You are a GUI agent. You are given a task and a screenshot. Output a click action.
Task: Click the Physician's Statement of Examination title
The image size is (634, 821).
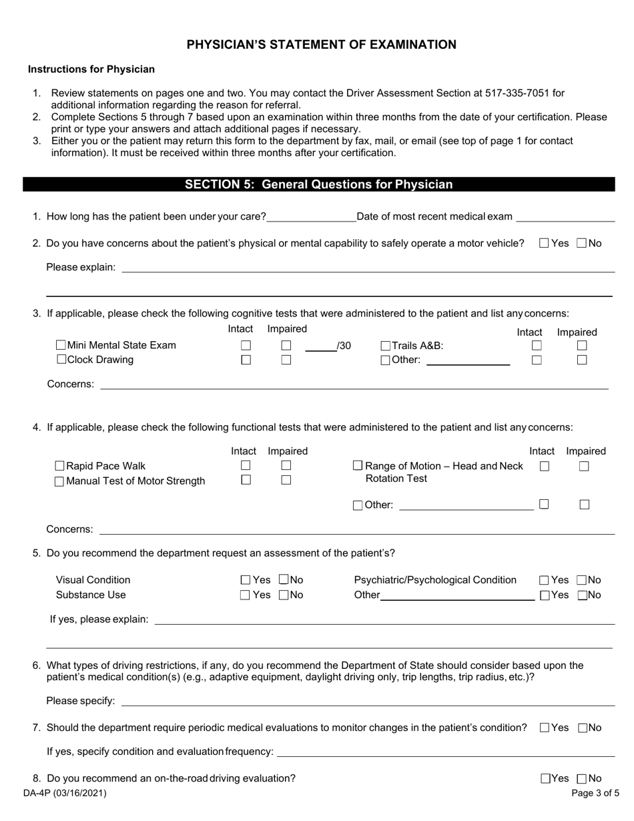tap(321, 45)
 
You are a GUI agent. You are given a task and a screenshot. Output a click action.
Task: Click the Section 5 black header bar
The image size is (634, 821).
tap(318, 185)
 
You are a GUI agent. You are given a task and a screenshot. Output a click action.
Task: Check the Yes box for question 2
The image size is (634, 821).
tap(544, 244)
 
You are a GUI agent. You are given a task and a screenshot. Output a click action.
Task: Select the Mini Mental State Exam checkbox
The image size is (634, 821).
tap(61, 346)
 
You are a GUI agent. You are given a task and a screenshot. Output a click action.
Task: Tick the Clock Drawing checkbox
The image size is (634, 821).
tap(61, 360)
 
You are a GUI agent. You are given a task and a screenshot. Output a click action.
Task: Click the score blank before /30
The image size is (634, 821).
tap(320, 346)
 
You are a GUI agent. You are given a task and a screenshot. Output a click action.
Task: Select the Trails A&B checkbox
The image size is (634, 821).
tap(385, 346)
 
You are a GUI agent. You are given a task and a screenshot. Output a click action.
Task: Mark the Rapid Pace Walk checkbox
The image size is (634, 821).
tap(59, 466)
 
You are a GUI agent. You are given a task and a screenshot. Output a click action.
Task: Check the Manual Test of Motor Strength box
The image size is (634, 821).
tap(59, 481)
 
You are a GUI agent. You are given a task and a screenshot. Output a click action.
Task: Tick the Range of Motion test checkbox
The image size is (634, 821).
tap(358, 466)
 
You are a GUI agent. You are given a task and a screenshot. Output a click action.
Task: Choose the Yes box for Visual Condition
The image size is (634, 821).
tap(245, 580)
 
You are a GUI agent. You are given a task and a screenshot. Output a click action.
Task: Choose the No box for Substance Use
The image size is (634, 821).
tap(284, 595)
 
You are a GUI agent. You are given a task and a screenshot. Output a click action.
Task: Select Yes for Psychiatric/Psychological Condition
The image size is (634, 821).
tap(544, 580)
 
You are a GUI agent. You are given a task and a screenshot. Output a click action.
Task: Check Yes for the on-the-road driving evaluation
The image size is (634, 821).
tap(545, 778)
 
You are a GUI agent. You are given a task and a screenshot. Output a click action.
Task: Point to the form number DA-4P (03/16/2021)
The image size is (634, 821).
tap(64, 794)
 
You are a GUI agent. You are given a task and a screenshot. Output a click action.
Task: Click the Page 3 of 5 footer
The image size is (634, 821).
tap(595, 794)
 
